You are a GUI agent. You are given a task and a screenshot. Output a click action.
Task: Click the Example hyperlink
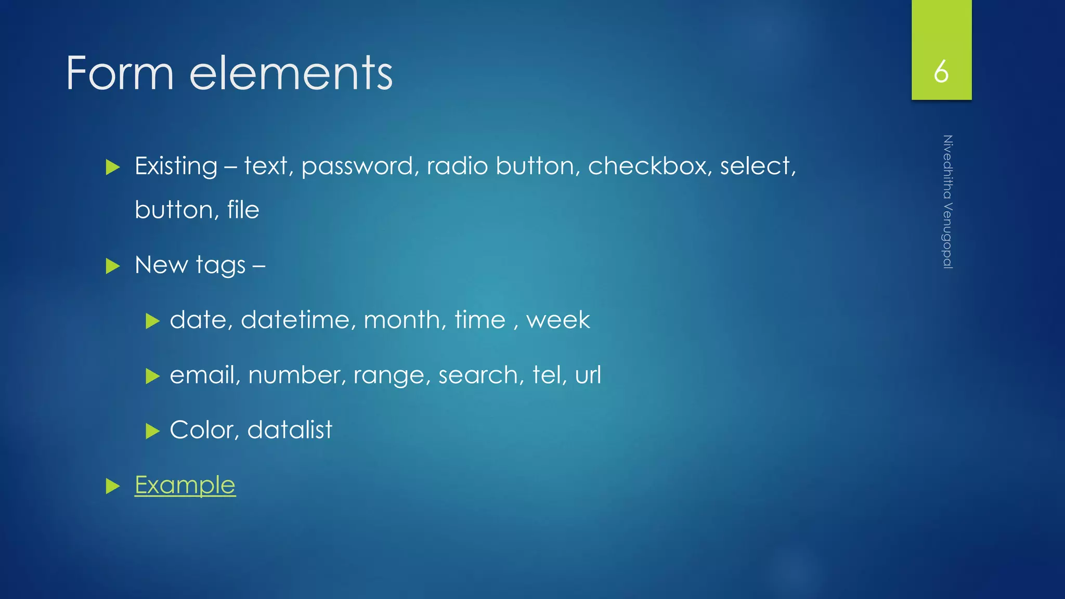coord(185,485)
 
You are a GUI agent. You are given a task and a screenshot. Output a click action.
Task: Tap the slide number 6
coord(941,72)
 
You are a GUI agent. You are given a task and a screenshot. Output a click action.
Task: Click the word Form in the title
coord(120,73)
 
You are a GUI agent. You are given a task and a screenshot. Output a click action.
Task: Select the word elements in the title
coord(291,73)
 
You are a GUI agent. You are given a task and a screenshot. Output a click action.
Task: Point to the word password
coord(359,167)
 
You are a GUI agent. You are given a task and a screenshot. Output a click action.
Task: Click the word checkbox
coord(650,166)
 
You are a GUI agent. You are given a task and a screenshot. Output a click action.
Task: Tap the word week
coord(558,320)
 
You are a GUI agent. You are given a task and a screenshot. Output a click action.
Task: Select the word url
coord(588,375)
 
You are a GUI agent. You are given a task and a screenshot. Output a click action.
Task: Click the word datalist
coord(290,430)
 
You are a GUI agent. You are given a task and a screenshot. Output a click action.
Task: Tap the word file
coord(243,210)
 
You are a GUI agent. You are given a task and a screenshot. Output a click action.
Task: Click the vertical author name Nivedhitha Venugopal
coord(947,202)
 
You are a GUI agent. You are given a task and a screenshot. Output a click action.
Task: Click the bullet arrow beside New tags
coord(113,266)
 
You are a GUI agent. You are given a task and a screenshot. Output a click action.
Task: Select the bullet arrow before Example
coord(113,486)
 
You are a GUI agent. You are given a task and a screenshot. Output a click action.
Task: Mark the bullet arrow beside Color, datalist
coord(152,431)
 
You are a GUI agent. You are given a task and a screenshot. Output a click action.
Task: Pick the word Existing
coord(176,167)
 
